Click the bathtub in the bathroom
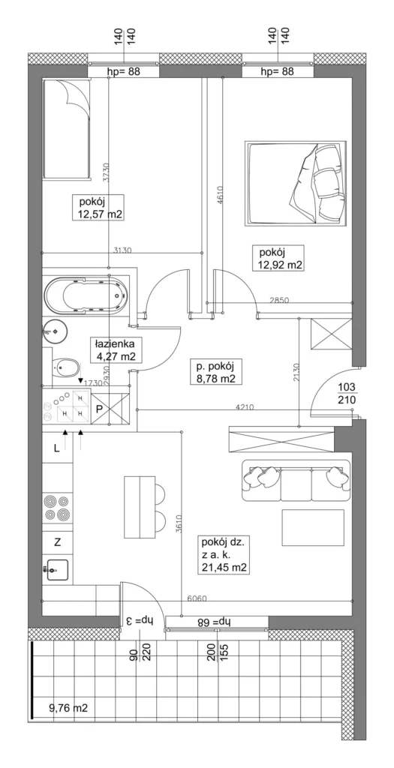tap(87, 297)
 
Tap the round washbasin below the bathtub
tap(55, 331)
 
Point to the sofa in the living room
tap(296, 481)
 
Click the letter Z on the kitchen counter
tap(57, 542)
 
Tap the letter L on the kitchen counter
tap(57, 448)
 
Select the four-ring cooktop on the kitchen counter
tap(57, 508)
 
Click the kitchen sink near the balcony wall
tap(57, 569)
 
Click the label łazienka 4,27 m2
tap(116, 349)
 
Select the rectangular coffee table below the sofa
tap(313, 527)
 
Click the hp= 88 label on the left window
tap(124, 72)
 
